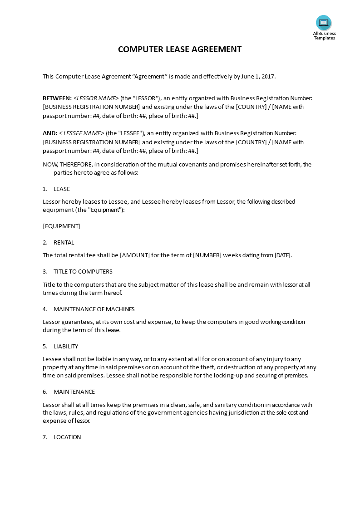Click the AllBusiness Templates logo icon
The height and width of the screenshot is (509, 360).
point(324,23)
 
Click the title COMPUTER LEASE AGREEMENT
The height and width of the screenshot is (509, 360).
point(180,49)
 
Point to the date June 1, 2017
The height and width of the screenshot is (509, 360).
point(257,77)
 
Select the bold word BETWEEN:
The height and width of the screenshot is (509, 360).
point(57,98)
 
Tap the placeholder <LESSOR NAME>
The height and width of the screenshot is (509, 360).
point(96,98)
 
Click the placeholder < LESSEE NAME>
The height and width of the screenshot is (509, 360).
point(81,133)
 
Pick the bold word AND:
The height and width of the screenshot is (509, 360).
point(50,133)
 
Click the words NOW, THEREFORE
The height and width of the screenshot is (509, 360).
point(67,165)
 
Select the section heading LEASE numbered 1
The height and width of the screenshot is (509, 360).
point(62,189)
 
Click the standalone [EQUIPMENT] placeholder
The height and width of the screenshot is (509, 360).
point(61,226)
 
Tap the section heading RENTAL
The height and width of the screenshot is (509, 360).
point(64,242)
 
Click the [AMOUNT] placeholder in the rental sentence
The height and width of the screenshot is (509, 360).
point(135,255)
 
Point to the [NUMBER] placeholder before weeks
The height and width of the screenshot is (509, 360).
point(207,255)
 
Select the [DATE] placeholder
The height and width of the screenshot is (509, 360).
point(282,255)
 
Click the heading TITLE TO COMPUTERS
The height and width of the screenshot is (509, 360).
point(83,271)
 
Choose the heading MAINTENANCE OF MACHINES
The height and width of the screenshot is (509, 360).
point(94,309)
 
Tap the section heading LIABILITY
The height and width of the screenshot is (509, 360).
point(66,346)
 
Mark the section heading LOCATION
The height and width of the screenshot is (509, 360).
point(67,437)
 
